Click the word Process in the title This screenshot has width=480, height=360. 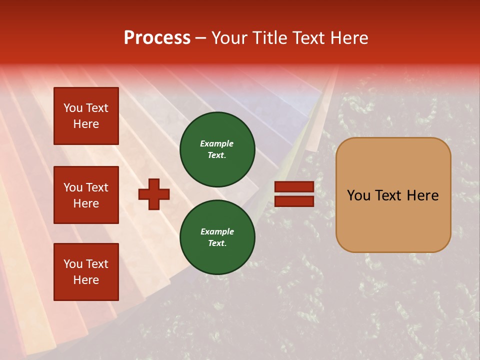click(x=157, y=38)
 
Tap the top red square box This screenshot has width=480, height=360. click(x=86, y=116)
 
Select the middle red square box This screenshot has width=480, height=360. click(x=86, y=195)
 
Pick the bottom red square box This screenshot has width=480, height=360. click(x=86, y=272)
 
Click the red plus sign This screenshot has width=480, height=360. click(x=154, y=194)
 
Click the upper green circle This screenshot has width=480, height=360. click(x=217, y=149)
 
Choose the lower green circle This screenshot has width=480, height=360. click(x=217, y=237)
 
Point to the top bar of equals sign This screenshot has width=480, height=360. click(x=294, y=186)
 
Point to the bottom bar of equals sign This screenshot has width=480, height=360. click(x=294, y=201)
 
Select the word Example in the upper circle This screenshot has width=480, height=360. click(x=216, y=143)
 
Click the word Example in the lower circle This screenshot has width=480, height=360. click(x=217, y=231)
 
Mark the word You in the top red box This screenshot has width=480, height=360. click(x=72, y=108)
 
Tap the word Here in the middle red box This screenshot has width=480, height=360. click(x=86, y=203)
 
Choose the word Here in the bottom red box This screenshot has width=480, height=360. click(x=86, y=280)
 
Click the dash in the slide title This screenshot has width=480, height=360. click(x=200, y=38)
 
